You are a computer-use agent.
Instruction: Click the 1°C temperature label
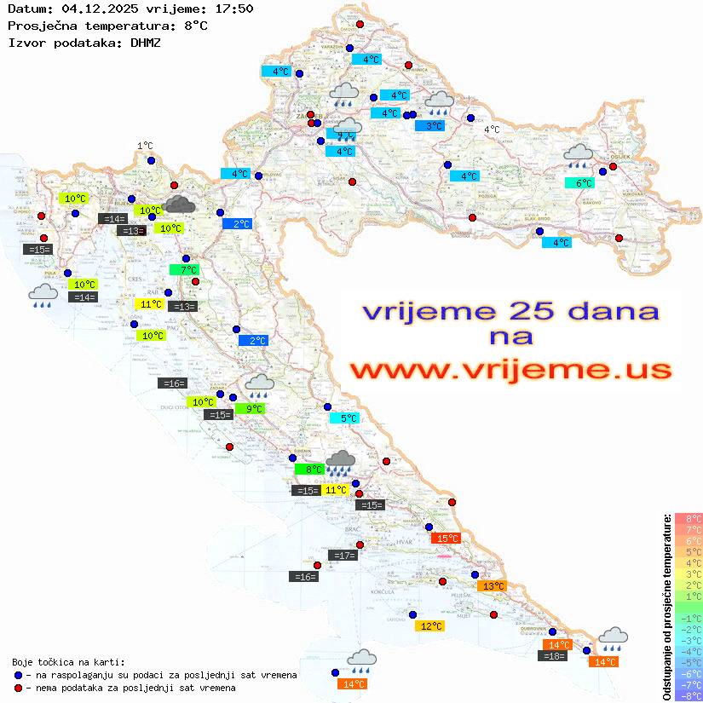coord(145,146)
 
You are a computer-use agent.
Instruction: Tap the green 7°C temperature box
coord(185,270)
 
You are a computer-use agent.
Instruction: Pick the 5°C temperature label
coord(348,418)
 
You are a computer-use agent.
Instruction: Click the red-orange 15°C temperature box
coord(446,538)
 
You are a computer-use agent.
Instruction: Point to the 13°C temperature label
coord(492,586)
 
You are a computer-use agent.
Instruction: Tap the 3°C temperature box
coord(433,126)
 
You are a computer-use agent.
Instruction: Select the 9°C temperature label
coord(253,409)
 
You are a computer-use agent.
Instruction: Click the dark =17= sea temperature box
coord(343,556)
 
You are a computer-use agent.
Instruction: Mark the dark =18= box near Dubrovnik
coord(554,655)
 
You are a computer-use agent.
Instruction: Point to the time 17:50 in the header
coord(232,9)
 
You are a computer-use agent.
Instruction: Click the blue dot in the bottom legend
coord(19,675)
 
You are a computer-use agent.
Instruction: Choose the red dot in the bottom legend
coord(19,688)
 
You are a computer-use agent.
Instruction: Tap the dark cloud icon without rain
coord(179,203)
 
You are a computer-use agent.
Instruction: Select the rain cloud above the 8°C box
coord(341,463)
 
